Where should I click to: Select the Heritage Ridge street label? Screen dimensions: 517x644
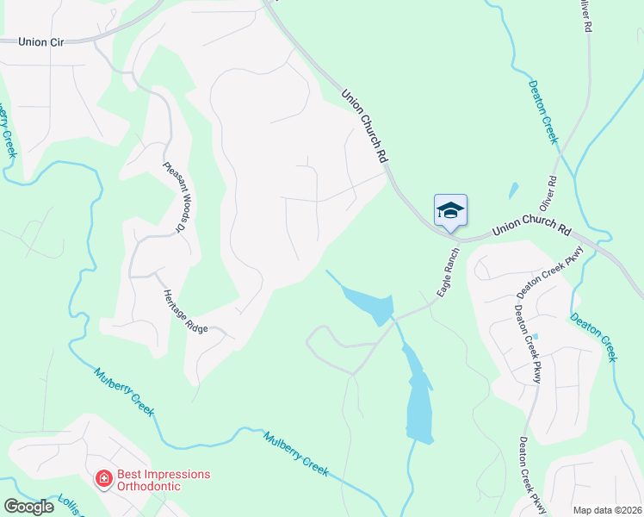tap(185, 311)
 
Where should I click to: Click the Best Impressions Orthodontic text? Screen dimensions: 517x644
tap(152, 480)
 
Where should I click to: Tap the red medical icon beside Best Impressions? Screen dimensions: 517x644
tap(103, 477)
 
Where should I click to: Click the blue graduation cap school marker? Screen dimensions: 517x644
tap(450, 211)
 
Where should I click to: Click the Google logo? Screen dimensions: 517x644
tap(28, 507)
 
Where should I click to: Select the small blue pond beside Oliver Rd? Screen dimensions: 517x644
tap(514, 190)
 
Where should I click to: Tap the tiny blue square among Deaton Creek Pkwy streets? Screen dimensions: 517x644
tap(535, 336)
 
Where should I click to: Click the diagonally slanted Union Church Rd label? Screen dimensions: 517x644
tap(365, 127)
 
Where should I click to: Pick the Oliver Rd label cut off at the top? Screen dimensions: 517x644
tap(586, 16)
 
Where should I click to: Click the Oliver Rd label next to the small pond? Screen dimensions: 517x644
tap(549, 196)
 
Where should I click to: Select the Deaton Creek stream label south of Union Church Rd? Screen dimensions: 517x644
tap(594, 336)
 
